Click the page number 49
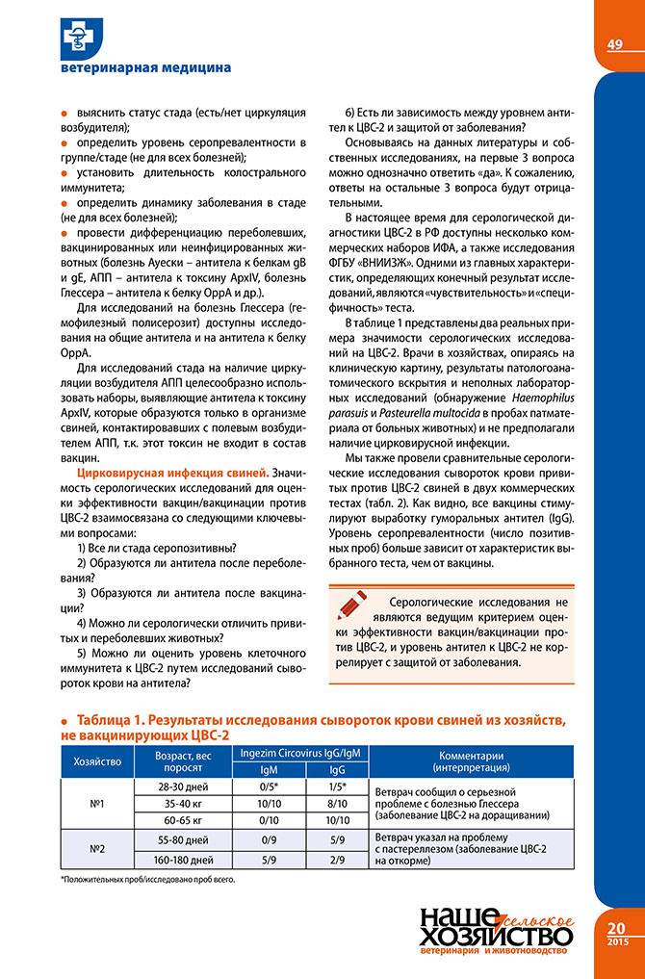tap(616, 44)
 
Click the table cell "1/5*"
tap(338, 786)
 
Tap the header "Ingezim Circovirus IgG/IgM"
tap(300, 753)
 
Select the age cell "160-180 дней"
tap(183, 859)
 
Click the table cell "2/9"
tap(338, 859)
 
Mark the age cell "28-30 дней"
tap(183, 786)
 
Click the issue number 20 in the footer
tap(616, 926)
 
